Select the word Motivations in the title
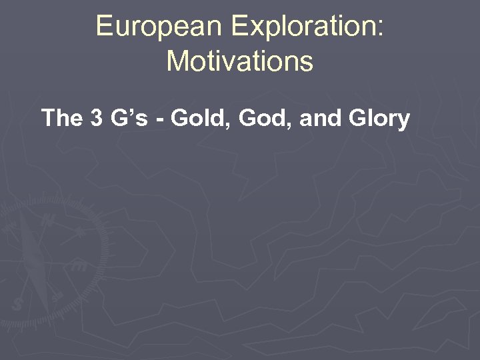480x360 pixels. coord(239,61)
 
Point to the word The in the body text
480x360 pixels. coord(61,119)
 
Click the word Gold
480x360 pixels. coord(193,119)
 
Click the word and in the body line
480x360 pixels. coord(313,119)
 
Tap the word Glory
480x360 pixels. coord(377,119)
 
